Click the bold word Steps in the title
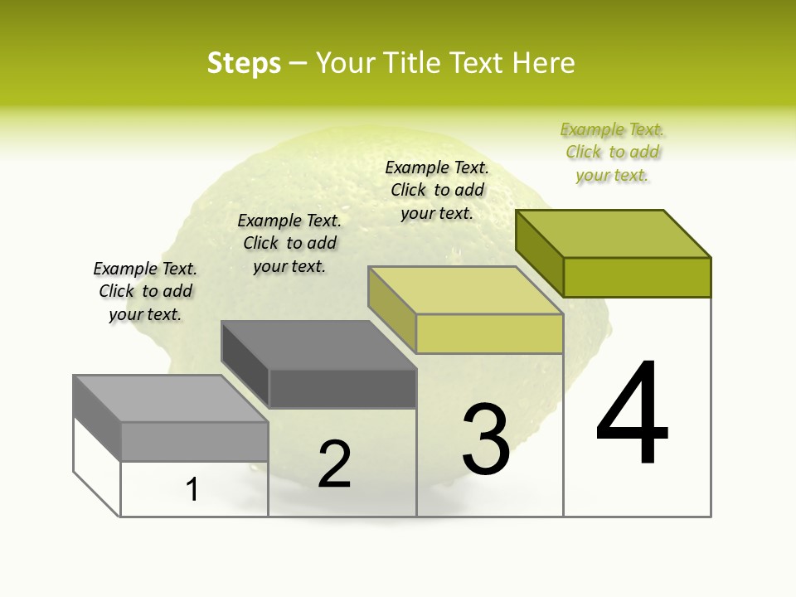coord(244,63)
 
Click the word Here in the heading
coord(543,63)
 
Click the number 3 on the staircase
coord(486,439)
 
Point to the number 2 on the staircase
coord(335,464)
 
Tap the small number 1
coord(192,489)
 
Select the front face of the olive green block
coord(637,277)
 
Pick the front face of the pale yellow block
coord(489,333)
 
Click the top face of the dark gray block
coord(318,345)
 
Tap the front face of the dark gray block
coord(342,388)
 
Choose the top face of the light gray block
coord(171,399)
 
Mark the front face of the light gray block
coord(194,441)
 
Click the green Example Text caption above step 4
coord(613,153)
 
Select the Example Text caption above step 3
coord(437,190)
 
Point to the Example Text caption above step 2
coord(289,243)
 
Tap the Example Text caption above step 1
coord(145,291)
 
